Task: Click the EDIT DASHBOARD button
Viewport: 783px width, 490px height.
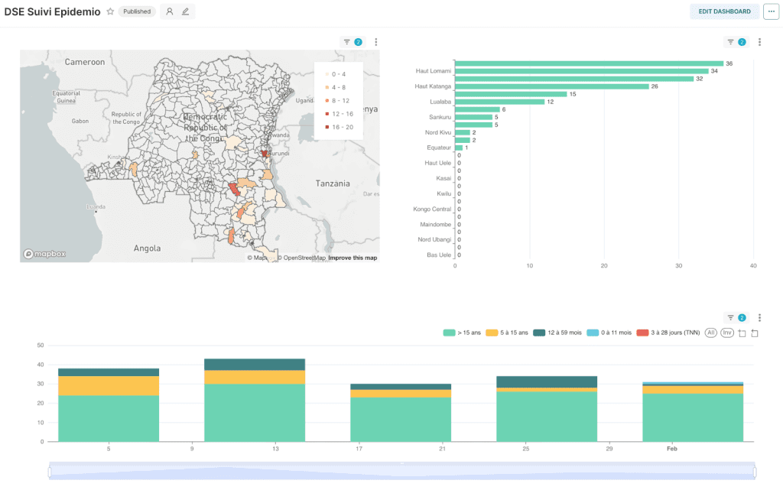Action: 724,11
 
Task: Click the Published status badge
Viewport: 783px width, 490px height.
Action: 137,11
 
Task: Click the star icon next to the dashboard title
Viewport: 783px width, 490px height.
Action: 110,11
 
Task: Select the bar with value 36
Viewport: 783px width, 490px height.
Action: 589,63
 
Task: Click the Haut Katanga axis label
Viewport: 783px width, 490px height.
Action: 433,86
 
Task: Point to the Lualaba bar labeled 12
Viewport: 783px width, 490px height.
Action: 499,102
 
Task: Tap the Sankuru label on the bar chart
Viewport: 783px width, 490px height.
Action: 439,117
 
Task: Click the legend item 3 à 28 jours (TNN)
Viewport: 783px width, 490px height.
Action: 668,333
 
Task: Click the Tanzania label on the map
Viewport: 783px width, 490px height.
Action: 333,183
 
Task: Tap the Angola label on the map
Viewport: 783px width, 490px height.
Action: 147,248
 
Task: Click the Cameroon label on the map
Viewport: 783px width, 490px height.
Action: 84,61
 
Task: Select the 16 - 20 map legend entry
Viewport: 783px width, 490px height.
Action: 339,127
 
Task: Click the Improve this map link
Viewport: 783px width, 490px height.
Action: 353,258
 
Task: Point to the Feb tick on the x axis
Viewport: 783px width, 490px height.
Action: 671,449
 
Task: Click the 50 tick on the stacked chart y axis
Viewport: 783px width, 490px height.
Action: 41,345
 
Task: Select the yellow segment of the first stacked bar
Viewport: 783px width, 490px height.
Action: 109,385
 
